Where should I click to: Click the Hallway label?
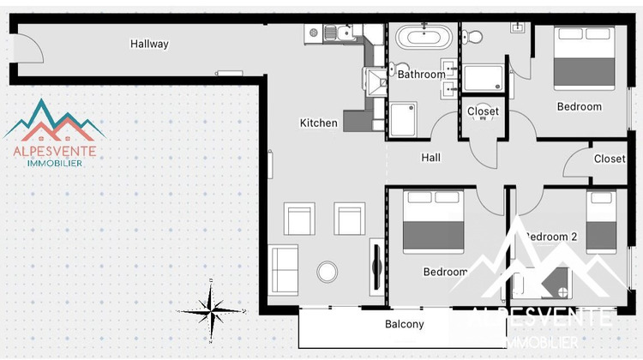tap(149, 44)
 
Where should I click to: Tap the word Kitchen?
tap(318, 123)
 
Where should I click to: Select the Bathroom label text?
tap(421, 75)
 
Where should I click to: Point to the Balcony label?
tap(403, 324)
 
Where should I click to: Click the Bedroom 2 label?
tap(550, 237)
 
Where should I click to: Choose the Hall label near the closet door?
tap(430, 158)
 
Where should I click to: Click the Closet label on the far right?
tap(610, 159)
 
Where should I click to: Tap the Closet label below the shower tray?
tap(483, 111)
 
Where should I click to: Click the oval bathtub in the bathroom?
tap(424, 38)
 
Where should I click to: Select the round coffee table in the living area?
tap(328, 272)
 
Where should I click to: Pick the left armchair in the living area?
tap(300, 219)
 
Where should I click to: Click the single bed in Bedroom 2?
tap(601, 221)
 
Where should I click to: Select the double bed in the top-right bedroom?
tap(584, 57)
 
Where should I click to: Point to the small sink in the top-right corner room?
tap(518, 27)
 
